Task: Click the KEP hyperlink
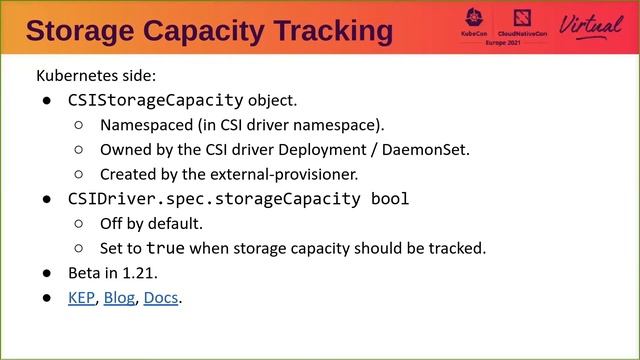[x=80, y=297]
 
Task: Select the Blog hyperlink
[x=119, y=297]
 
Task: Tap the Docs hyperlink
[x=160, y=297]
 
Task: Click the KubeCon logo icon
[x=473, y=22]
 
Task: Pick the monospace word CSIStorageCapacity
[x=155, y=100]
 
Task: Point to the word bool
[x=389, y=198]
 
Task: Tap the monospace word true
[x=166, y=247]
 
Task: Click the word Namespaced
[x=141, y=125]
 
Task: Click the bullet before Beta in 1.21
[x=46, y=273]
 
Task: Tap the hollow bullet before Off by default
[x=78, y=223]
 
